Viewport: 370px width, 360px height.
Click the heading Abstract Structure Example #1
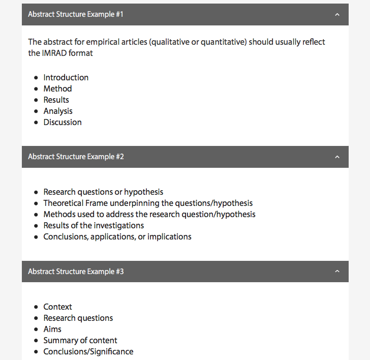(76, 14)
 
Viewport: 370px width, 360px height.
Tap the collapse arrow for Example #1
(337, 14)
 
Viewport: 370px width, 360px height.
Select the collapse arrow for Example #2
(337, 157)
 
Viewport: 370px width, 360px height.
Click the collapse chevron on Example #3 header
(337, 272)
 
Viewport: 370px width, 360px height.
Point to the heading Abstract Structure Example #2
(76, 157)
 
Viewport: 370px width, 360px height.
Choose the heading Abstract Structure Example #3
(76, 272)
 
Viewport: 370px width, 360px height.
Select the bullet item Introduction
(66, 77)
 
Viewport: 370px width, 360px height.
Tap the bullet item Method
(57, 88)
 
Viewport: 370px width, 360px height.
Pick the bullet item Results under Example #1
(56, 100)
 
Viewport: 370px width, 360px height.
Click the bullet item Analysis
(58, 111)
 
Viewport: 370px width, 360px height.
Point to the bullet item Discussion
(63, 122)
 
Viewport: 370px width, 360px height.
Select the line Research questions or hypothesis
(103, 192)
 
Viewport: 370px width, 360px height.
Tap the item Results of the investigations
(94, 225)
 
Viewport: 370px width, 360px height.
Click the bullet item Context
(57, 307)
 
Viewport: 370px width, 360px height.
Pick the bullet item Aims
(52, 329)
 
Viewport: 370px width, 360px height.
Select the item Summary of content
(80, 340)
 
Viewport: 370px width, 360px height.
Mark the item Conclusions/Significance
(88, 351)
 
